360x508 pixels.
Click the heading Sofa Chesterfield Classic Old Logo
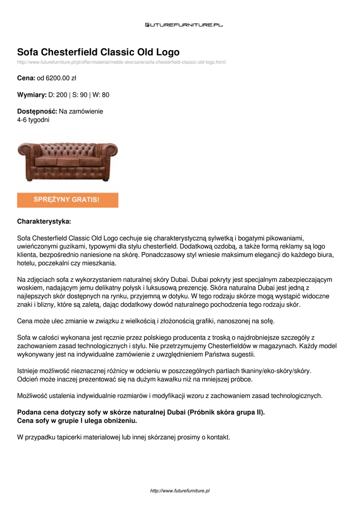pos(98,52)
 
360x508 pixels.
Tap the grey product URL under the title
pos(122,62)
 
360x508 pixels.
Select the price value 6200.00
pos(57,78)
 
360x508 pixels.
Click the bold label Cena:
pos(26,78)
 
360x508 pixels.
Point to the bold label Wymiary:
pos(32,95)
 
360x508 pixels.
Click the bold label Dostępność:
pos(37,112)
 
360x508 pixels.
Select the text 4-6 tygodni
pos(33,120)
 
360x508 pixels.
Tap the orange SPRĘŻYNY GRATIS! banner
pos(68,200)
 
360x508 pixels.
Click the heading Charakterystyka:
pos(44,221)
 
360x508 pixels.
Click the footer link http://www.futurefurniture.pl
pos(180,491)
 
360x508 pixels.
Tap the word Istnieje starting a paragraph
pos(29,371)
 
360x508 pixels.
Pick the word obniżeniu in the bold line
pos(119,420)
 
